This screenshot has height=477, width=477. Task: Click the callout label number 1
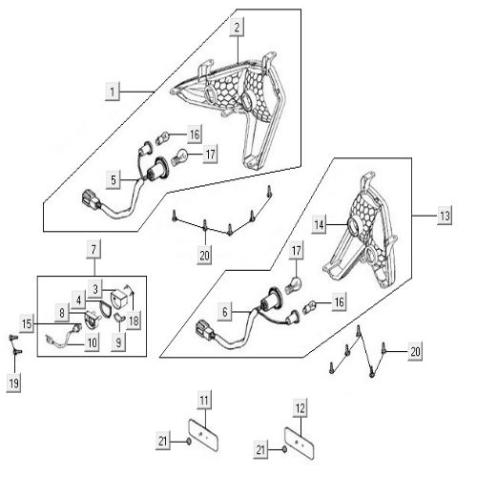[113, 92]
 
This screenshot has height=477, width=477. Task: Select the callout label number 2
[237, 28]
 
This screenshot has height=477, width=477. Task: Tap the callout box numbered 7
[93, 249]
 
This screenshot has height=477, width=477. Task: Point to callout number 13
[445, 216]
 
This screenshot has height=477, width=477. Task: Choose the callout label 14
[319, 225]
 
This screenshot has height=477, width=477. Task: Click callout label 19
[14, 383]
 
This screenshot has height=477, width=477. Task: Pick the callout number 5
[114, 180]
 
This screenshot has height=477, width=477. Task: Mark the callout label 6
[225, 312]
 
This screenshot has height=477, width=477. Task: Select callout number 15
[27, 323]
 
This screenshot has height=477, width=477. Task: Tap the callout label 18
[134, 321]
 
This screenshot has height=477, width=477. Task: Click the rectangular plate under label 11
[204, 435]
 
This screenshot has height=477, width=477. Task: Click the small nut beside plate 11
[189, 442]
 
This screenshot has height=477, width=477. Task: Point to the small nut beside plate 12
[284, 449]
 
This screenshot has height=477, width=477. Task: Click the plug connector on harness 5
[91, 197]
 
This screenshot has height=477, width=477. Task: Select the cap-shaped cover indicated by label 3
[118, 298]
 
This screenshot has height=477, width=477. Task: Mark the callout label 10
[93, 342]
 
